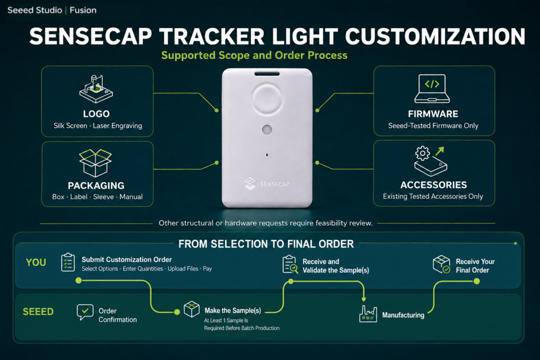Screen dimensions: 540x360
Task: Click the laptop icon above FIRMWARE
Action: click(x=432, y=89)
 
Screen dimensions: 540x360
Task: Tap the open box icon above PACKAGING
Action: click(x=95, y=162)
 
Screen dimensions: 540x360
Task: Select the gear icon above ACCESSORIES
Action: click(x=423, y=153)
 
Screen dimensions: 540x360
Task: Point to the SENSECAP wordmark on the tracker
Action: click(x=275, y=184)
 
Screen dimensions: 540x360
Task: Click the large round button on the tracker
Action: click(x=267, y=99)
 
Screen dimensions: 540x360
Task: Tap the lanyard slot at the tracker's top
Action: click(x=267, y=74)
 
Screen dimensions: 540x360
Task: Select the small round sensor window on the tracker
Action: click(x=267, y=129)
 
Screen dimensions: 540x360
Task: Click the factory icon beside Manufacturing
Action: click(x=368, y=313)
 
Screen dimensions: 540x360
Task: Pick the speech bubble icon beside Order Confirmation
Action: click(x=85, y=312)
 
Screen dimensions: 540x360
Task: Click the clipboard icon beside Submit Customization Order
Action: click(x=68, y=262)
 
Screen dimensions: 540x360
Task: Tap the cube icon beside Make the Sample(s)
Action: click(x=191, y=309)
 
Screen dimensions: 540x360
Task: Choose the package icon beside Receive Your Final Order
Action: click(x=441, y=264)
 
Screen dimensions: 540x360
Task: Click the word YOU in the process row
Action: click(x=36, y=263)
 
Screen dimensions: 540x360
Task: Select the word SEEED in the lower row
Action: click(x=38, y=312)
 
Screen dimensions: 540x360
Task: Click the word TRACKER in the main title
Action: click(x=212, y=37)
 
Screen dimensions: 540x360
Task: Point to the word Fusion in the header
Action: click(x=83, y=10)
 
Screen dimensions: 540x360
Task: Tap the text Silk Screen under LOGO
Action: click(x=70, y=126)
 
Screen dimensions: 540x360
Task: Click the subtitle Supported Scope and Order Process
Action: click(x=254, y=56)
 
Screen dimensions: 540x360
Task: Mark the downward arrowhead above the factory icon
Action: click(x=364, y=299)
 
